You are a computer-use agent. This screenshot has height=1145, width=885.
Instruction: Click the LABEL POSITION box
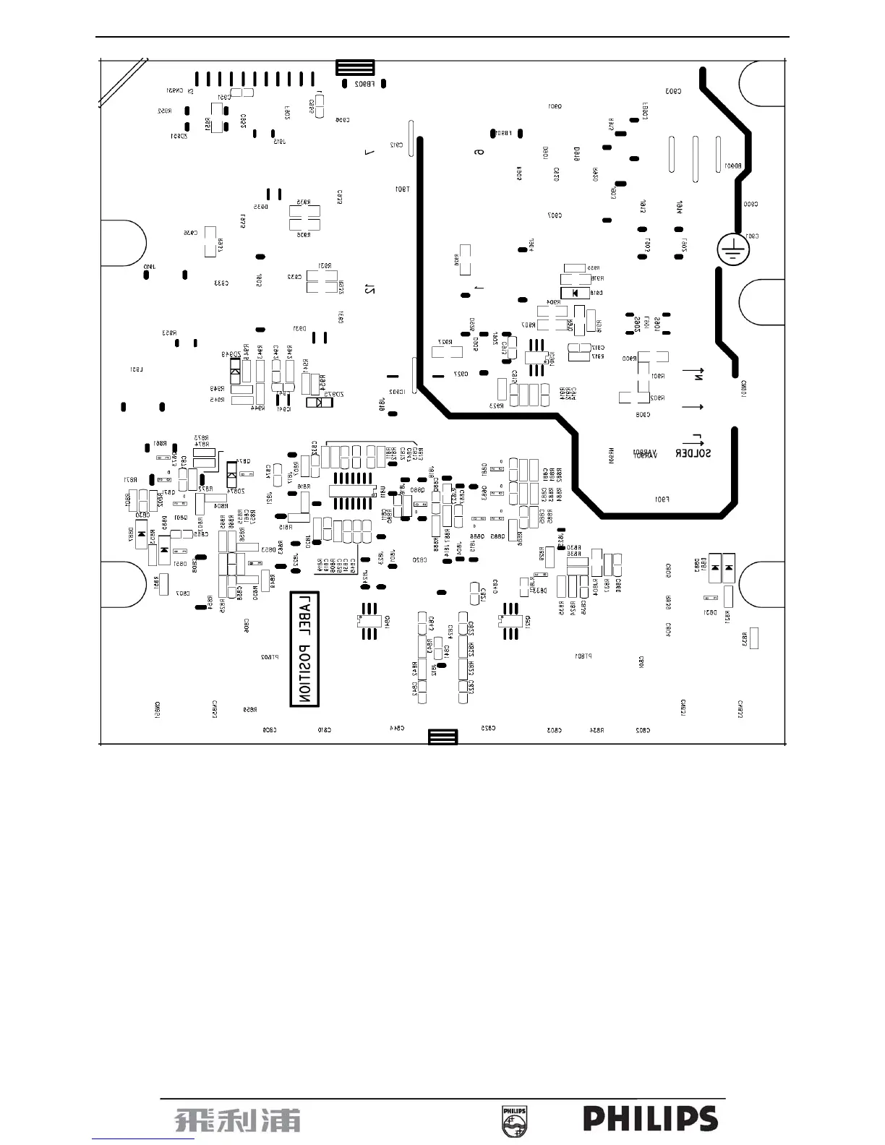(304, 649)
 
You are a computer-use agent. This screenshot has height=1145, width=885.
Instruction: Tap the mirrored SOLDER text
(693, 453)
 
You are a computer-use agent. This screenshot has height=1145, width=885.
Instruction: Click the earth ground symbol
(732, 250)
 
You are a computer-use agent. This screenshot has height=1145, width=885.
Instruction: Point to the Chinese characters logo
(237, 1120)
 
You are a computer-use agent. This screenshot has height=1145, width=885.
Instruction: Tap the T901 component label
(402, 189)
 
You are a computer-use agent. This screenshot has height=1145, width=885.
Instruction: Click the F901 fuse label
(661, 499)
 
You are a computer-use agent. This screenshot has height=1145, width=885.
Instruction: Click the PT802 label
(269, 657)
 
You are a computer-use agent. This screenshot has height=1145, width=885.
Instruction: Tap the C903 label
(672, 91)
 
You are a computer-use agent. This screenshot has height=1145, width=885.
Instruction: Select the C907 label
(555, 215)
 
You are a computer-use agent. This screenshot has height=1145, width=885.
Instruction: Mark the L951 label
(137, 369)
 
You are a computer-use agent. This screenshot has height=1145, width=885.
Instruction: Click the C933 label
(221, 283)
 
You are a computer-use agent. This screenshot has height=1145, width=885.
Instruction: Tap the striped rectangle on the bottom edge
(442, 737)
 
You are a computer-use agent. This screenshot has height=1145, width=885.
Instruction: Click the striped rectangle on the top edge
(355, 68)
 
